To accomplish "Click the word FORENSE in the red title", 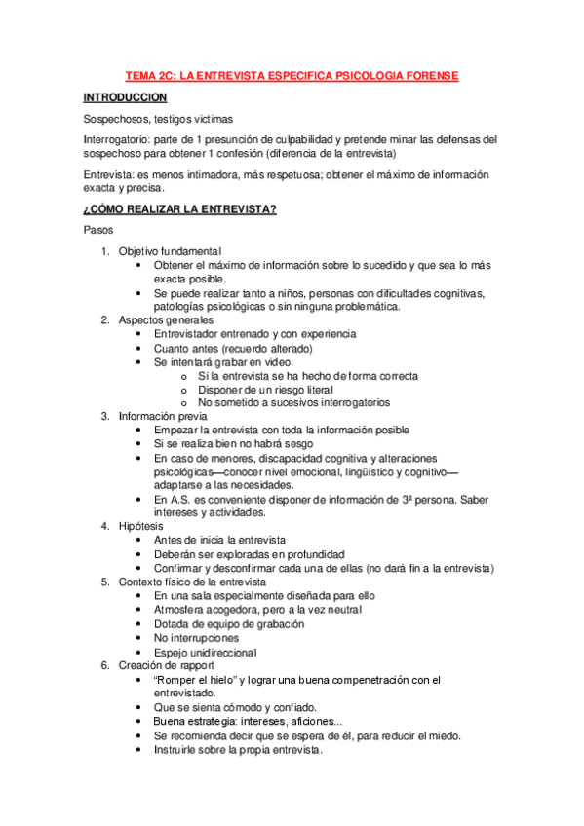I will [x=427, y=75].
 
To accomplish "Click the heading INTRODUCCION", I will [x=125, y=97].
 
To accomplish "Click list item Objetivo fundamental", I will [x=171, y=250].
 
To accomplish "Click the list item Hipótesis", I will [x=141, y=526].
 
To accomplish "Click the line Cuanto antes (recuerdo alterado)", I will [x=233, y=348].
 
